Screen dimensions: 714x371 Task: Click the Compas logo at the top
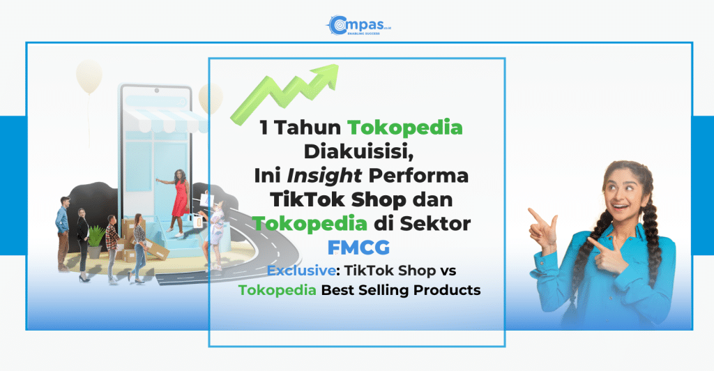(x=358, y=26)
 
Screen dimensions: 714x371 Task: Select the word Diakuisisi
(x=359, y=151)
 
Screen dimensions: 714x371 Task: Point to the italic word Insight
(x=324, y=176)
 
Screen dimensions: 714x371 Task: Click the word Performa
(x=418, y=176)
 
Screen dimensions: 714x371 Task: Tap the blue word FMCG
(x=359, y=248)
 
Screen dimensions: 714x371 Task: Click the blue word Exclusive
(x=301, y=271)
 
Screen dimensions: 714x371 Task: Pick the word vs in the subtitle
(x=448, y=271)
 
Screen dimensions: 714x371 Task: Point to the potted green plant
(x=96, y=241)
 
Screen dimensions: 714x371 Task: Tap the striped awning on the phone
(x=167, y=119)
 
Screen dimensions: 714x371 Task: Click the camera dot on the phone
(x=156, y=91)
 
